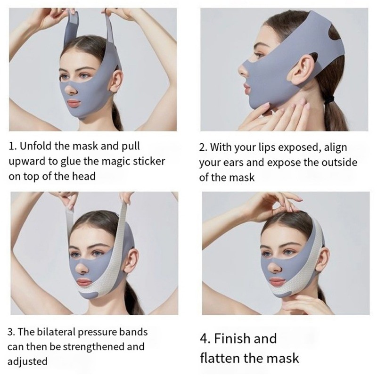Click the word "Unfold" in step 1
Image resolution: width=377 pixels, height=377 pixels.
(36, 146)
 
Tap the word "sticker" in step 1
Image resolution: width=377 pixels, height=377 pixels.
(149, 161)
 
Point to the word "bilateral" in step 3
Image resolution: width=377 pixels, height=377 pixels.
(58, 332)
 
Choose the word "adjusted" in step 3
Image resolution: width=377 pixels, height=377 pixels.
(27, 361)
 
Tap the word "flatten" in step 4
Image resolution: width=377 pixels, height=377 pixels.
(220, 358)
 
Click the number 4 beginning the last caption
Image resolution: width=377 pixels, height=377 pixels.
(205, 338)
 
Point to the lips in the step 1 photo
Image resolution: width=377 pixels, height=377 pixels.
(74, 103)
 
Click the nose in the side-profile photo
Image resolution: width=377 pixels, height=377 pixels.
(243, 69)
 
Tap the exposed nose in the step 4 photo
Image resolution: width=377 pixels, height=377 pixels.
(274, 267)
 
